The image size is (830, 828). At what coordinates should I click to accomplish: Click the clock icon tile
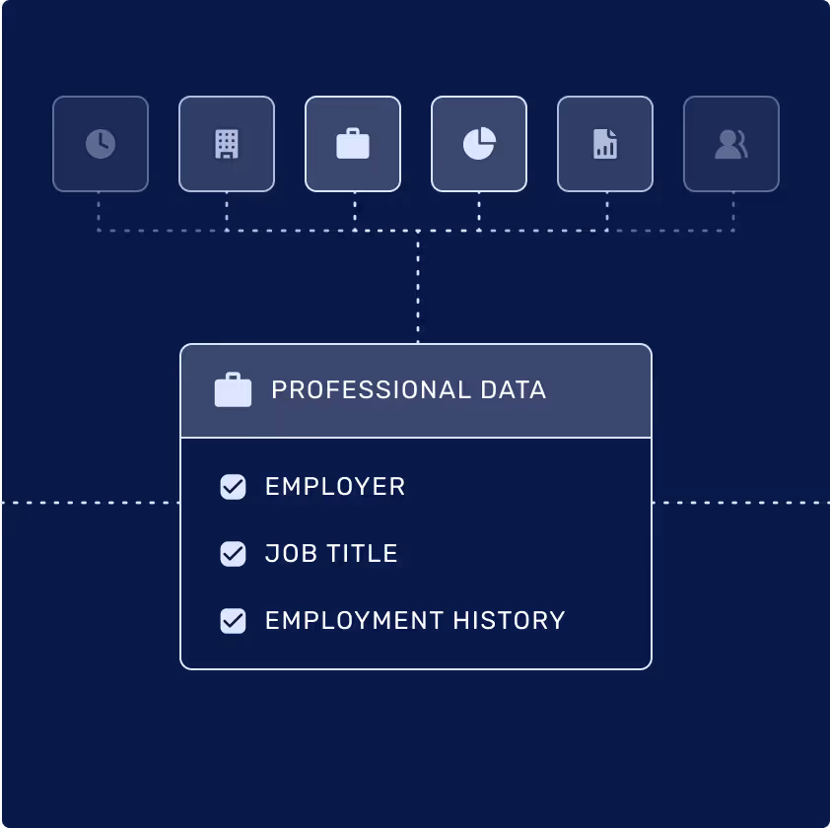[x=101, y=144]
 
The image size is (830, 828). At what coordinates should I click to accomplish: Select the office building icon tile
[x=227, y=144]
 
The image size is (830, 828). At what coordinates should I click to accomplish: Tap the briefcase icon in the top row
[x=353, y=144]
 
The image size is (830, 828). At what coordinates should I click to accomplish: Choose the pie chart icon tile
[x=479, y=144]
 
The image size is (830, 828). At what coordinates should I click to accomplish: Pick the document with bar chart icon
[x=605, y=144]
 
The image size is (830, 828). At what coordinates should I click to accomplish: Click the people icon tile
[x=731, y=144]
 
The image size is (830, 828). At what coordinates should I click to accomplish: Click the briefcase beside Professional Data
[x=234, y=389]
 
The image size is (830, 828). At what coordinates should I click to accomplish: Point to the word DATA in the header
[x=515, y=389]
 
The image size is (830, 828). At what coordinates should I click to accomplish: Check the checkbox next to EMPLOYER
[x=233, y=487]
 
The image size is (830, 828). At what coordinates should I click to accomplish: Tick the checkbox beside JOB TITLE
[x=233, y=554]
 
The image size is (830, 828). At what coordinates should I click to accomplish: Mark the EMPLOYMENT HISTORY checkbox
[x=233, y=621]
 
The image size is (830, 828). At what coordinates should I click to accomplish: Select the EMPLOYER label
[x=335, y=487]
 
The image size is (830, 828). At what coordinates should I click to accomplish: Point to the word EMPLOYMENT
[x=354, y=621]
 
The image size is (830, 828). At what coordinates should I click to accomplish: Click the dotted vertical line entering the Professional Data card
[x=418, y=291]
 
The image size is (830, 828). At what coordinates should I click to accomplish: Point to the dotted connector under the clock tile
[x=99, y=211]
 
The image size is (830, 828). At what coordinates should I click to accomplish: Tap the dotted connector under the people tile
[x=733, y=211]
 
